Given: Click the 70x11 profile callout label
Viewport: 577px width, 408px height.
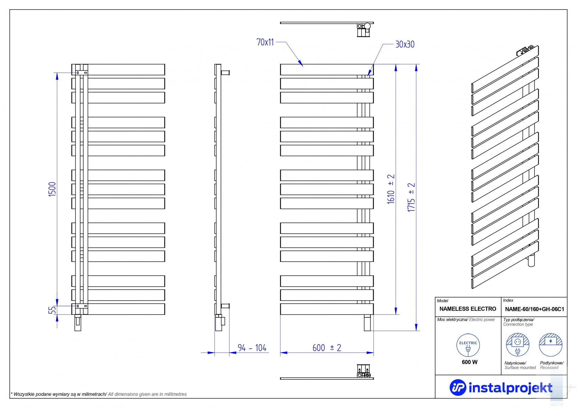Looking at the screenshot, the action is coord(265,42).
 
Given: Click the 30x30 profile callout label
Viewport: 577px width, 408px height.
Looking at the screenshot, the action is coord(405,44).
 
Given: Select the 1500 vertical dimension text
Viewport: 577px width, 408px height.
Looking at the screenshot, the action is coord(52,189).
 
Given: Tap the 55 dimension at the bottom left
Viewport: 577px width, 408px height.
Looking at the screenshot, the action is coord(53,310).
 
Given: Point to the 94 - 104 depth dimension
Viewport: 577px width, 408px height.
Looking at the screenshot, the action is coord(252,348).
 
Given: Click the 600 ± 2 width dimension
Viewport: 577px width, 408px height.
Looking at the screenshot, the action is coord(327,348).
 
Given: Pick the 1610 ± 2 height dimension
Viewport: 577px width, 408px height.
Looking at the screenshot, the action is coord(391,189).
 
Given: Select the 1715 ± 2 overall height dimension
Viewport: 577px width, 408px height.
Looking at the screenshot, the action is coord(411,197).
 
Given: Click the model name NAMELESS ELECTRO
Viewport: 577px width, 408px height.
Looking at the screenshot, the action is coord(468,309).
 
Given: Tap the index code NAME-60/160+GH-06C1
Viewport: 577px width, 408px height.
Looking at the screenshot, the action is coord(535,309).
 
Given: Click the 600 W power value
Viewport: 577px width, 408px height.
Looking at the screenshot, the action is coord(469,362).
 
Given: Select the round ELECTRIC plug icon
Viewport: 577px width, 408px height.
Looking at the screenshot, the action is coord(468,345).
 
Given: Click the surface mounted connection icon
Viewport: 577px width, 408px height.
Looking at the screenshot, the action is coord(517,345).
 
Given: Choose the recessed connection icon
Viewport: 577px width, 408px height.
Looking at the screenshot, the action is coord(551,345).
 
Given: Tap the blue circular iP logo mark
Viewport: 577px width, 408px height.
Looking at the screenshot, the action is coord(458,387).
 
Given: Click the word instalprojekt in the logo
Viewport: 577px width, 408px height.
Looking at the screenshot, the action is coord(510,388).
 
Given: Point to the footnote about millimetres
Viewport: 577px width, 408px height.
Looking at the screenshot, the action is coord(99,394).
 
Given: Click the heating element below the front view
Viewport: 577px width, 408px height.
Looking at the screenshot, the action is coord(367,323).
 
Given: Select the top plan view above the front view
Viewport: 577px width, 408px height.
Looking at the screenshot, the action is coord(327,29).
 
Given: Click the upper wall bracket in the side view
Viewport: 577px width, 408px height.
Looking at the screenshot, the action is coord(225,72).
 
